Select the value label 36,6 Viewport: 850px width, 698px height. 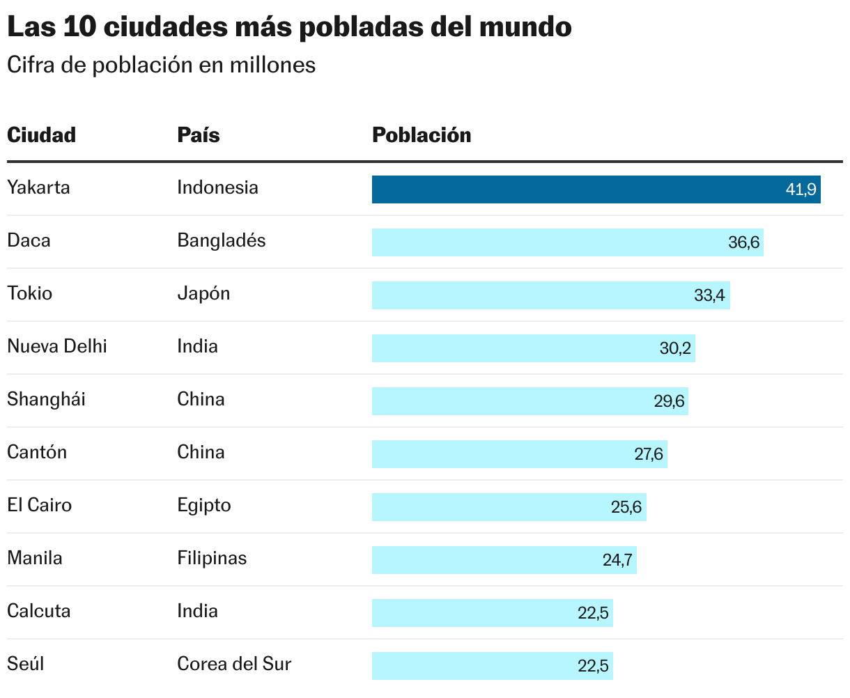(743, 242)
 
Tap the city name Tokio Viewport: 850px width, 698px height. (30, 293)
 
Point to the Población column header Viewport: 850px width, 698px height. (422, 134)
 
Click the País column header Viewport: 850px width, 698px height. (199, 134)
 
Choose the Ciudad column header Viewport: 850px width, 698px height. (41, 134)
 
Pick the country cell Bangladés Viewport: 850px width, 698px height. (222, 240)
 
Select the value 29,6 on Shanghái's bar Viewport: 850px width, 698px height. (669, 401)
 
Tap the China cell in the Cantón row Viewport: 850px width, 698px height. (201, 452)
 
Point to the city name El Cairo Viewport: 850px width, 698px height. (39, 505)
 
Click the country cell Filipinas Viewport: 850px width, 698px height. (212, 558)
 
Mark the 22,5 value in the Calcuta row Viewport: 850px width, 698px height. (593, 613)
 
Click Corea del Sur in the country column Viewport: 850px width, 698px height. (234, 664)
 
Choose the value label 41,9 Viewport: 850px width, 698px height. (801, 189)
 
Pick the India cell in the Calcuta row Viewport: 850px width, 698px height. (197, 611)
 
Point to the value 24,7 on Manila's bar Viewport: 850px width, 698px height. (617, 560)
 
